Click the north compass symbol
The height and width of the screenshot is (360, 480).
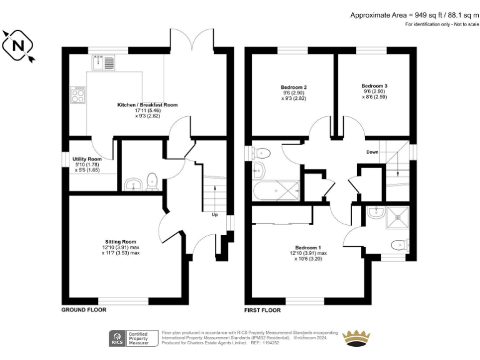click(19, 46)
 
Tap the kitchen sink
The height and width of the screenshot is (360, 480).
click(104, 62)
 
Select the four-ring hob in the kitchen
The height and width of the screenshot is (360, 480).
click(79, 96)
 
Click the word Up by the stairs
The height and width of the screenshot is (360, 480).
click(215, 214)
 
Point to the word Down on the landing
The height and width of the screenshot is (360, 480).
click(372, 152)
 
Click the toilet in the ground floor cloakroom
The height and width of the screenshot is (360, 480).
click(151, 182)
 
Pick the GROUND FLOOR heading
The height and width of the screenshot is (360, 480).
click(83, 310)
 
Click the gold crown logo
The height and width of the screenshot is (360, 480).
click(358, 338)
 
